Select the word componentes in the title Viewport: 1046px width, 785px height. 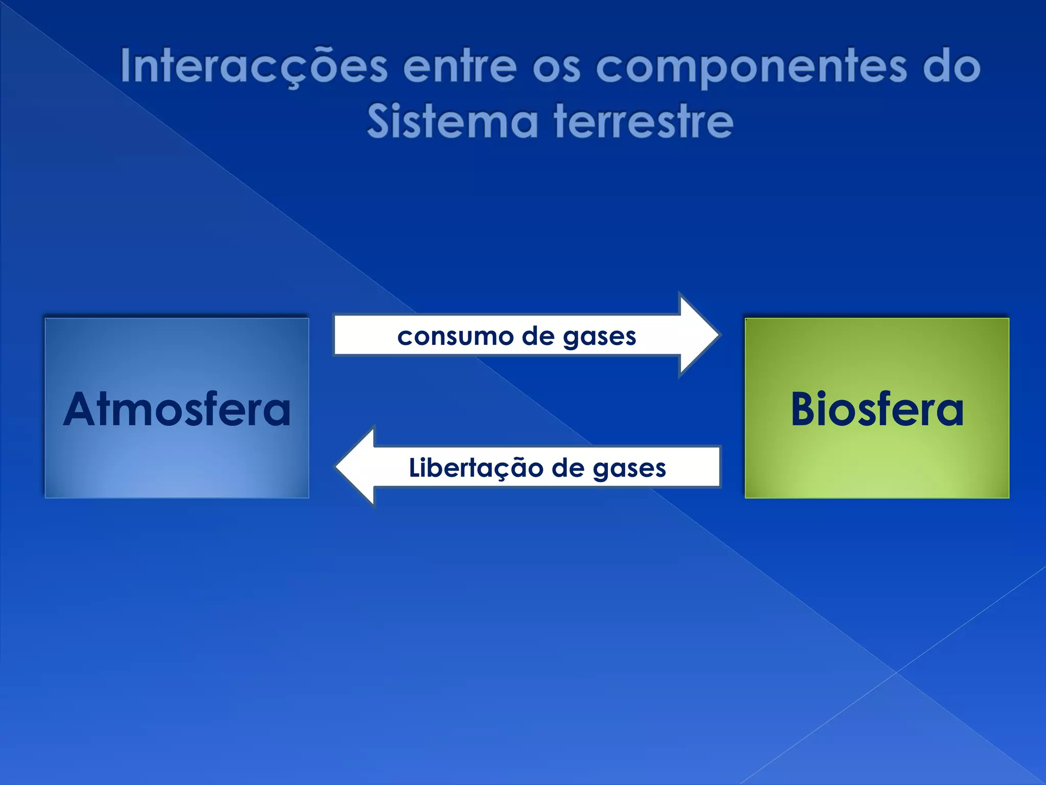click(751, 67)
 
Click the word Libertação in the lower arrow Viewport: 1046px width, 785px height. click(475, 468)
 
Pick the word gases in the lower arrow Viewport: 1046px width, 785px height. click(629, 469)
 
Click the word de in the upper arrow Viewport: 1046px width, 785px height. click(538, 336)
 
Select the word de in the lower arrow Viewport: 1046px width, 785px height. click(568, 468)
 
